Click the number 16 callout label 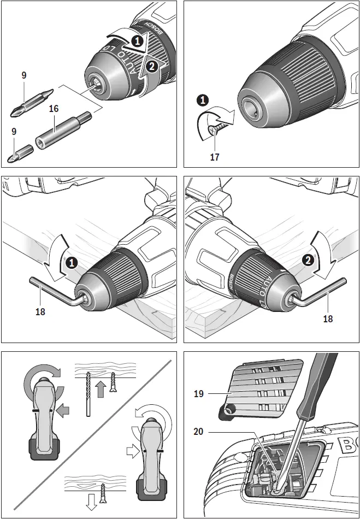coord(54,109)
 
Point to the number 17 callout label coord(215,157)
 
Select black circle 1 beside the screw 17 coord(203,101)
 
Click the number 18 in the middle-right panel coord(328,319)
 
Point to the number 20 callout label coord(199,431)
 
